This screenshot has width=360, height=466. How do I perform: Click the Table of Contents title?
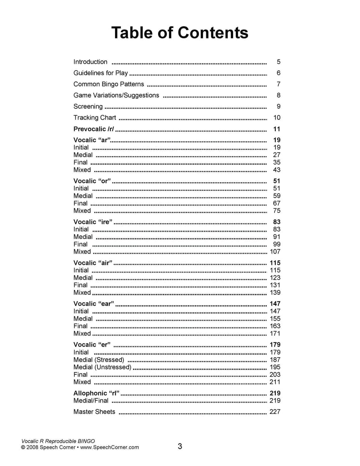(x=179, y=33)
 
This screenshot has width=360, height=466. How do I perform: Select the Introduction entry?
(x=90, y=62)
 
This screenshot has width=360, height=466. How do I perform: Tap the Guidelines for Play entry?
(x=101, y=73)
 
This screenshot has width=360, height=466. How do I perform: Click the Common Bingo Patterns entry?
(x=109, y=84)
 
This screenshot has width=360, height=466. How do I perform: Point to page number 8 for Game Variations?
(x=278, y=96)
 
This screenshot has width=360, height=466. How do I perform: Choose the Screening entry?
(x=88, y=106)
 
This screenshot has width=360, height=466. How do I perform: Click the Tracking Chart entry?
(x=95, y=118)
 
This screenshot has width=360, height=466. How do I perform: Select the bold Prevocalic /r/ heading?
(x=94, y=129)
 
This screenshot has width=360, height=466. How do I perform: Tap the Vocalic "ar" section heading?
(x=92, y=140)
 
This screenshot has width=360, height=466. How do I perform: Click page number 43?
(x=277, y=170)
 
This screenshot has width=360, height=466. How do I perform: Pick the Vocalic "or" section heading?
(x=92, y=181)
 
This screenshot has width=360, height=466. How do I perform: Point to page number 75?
(x=277, y=211)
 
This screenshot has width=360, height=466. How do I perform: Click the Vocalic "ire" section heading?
(x=93, y=222)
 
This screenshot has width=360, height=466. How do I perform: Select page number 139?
(x=275, y=292)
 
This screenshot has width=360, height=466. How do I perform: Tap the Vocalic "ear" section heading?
(x=94, y=304)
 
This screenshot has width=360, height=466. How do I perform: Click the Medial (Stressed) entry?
(x=99, y=360)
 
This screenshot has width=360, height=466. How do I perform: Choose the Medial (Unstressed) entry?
(x=103, y=367)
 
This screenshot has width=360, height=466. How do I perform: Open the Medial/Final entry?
(x=91, y=400)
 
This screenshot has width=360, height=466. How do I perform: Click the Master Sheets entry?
(x=94, y=412)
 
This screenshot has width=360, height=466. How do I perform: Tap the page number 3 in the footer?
(x=180, y=446)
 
